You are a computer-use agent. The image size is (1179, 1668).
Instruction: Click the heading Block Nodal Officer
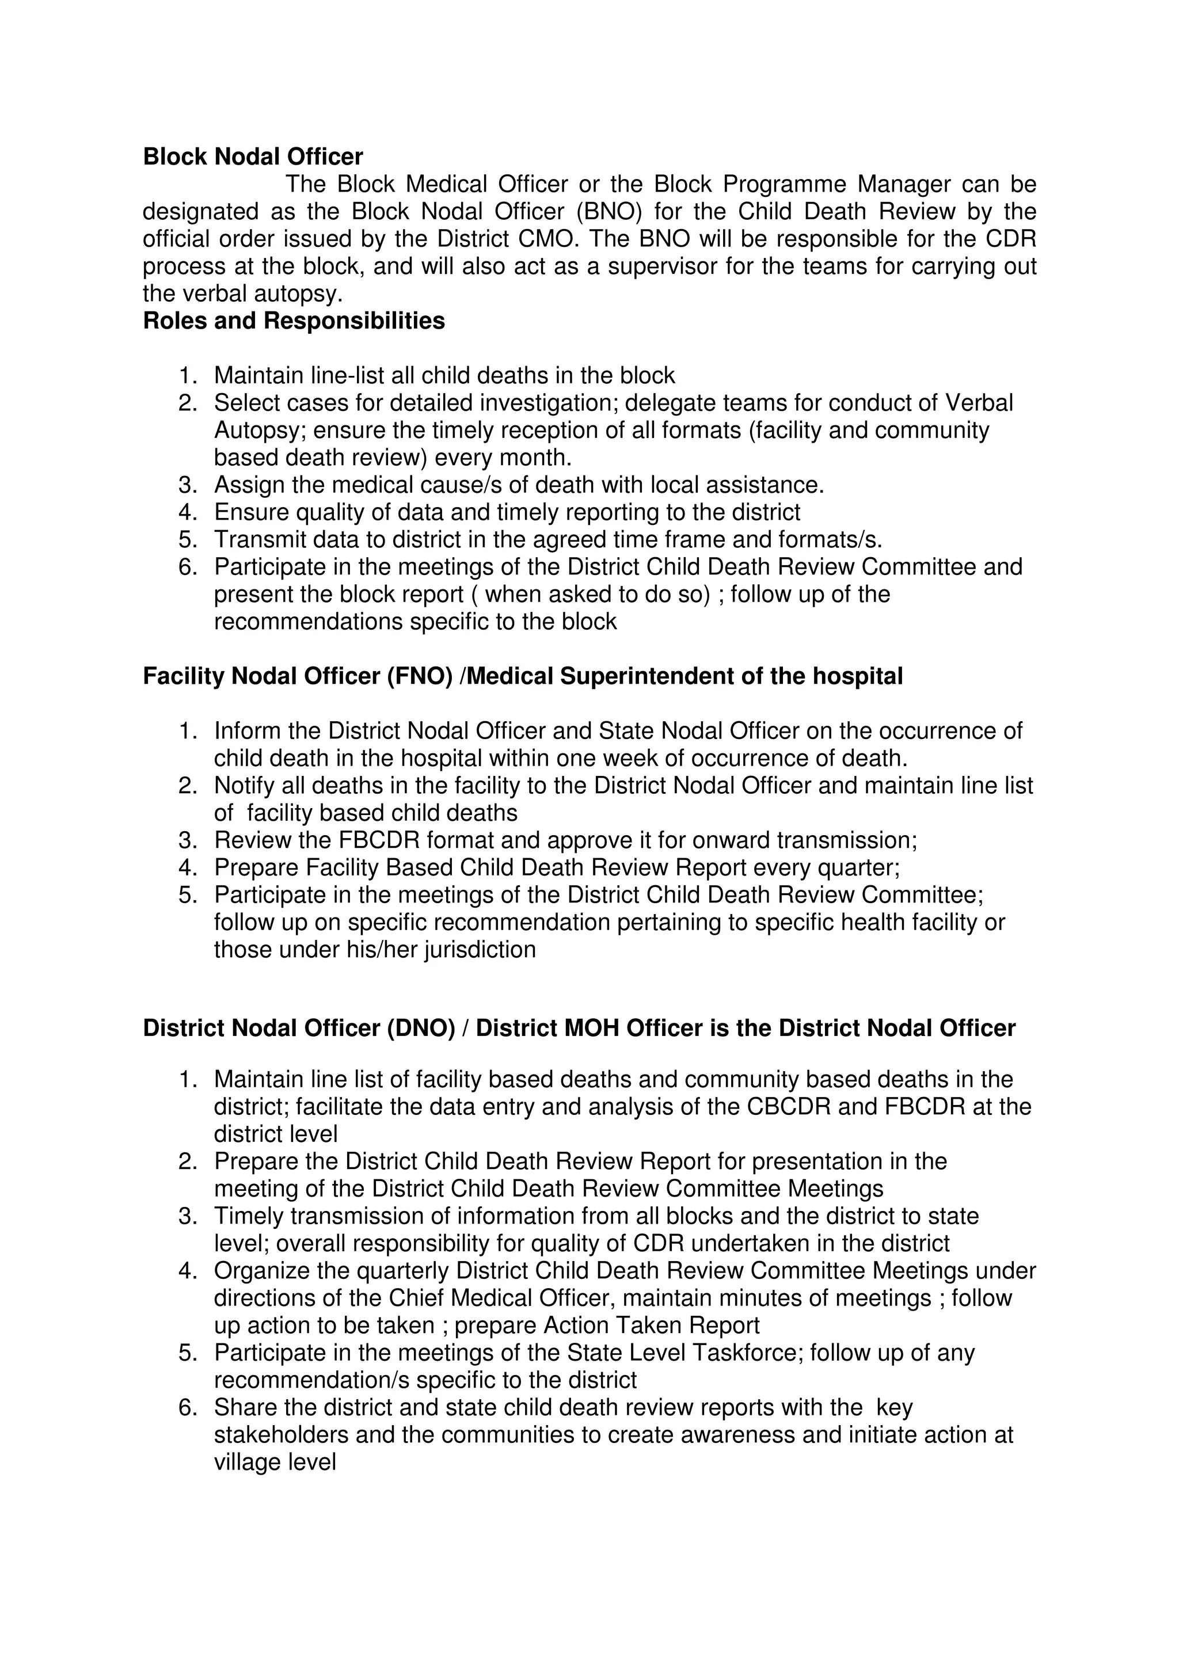[x=253, y=157]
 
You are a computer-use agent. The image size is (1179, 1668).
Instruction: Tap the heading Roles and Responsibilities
[x=294, y=321]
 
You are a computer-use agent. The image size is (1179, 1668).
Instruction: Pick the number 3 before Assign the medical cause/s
[x=186, y=485]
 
